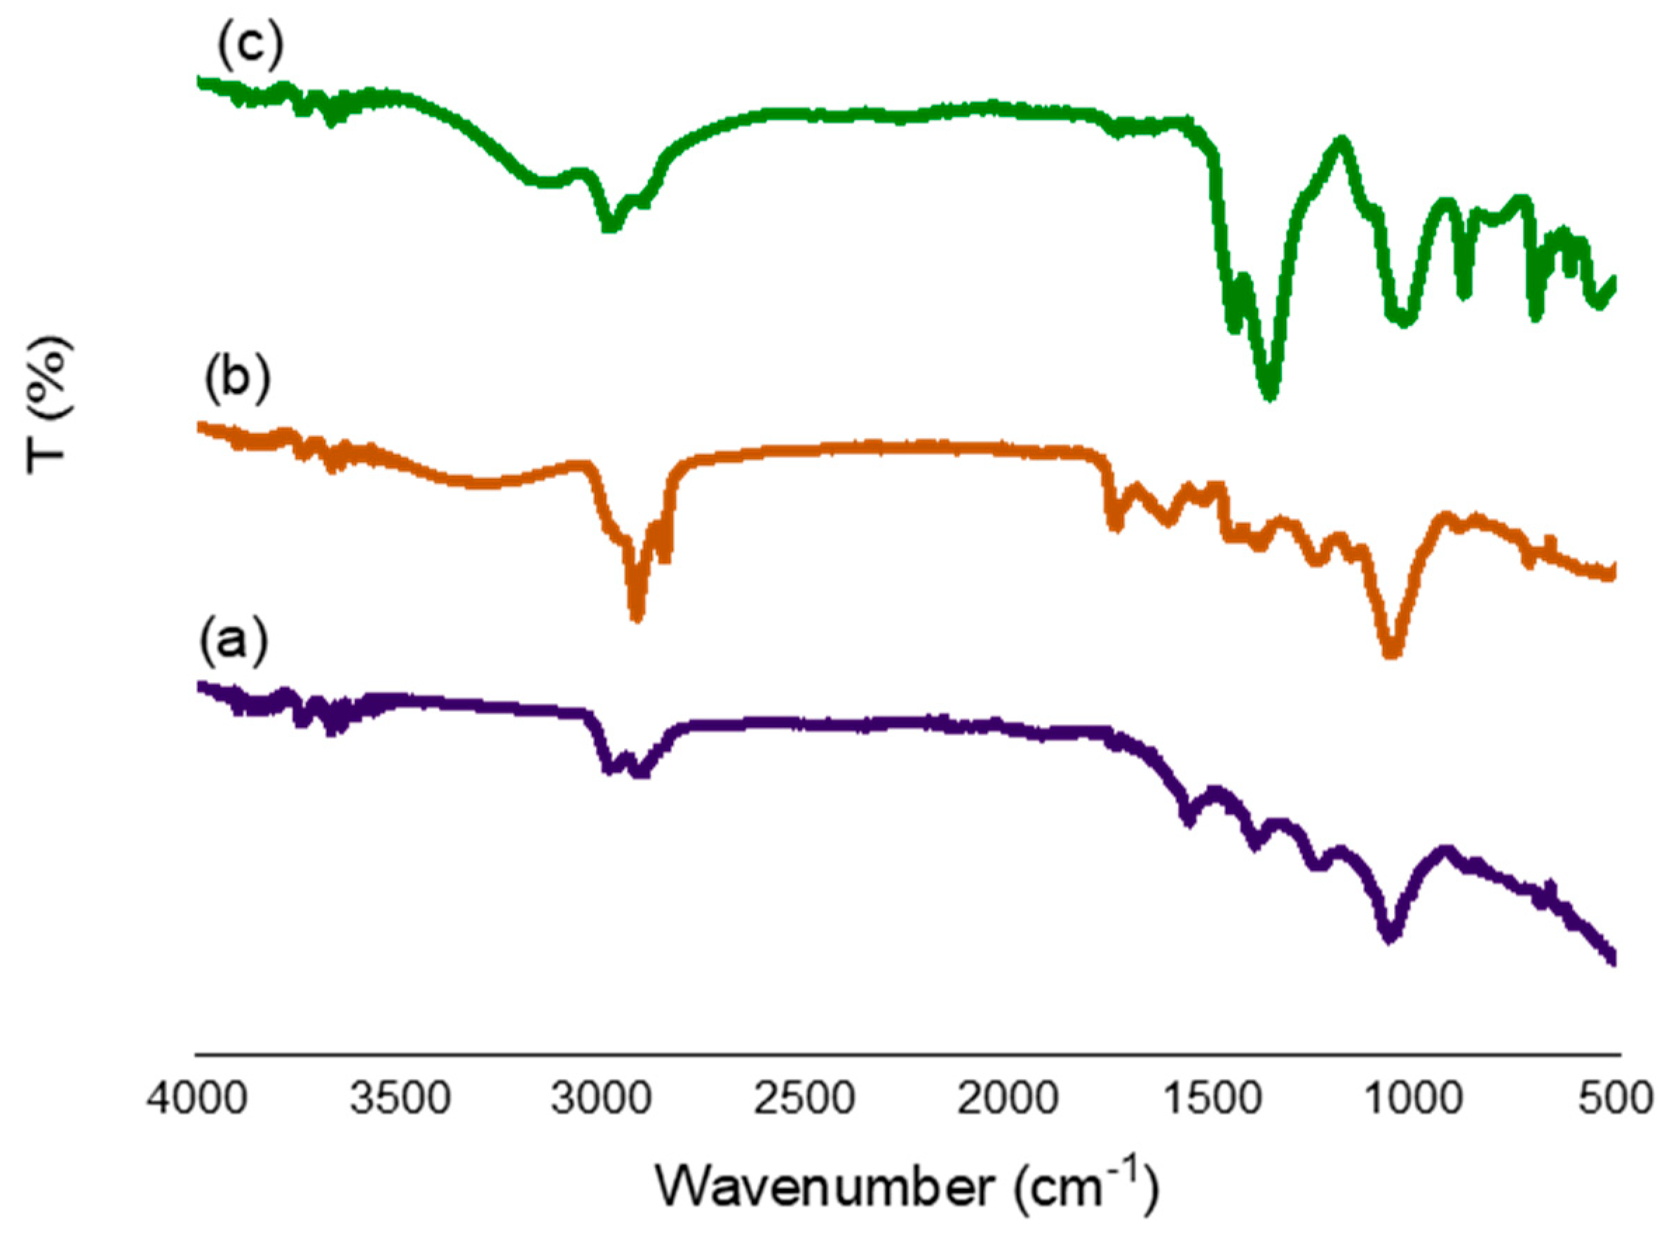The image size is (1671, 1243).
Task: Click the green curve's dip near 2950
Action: [610, 226]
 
